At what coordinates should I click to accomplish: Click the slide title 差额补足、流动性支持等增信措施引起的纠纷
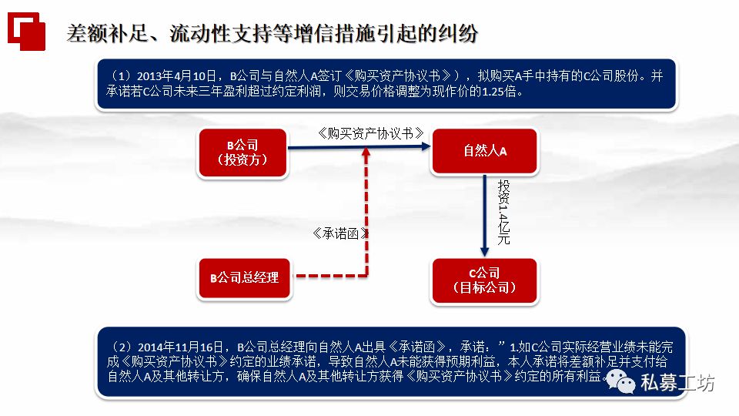[272, 34]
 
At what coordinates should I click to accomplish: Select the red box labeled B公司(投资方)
[242, 152]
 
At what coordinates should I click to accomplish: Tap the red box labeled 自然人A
[485, 151]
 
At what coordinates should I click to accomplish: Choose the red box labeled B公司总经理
[245, 276]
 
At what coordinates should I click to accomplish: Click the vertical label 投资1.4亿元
[504, 213]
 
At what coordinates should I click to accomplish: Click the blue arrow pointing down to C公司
[485, 216]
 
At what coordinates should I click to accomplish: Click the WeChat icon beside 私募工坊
[620, 379]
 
